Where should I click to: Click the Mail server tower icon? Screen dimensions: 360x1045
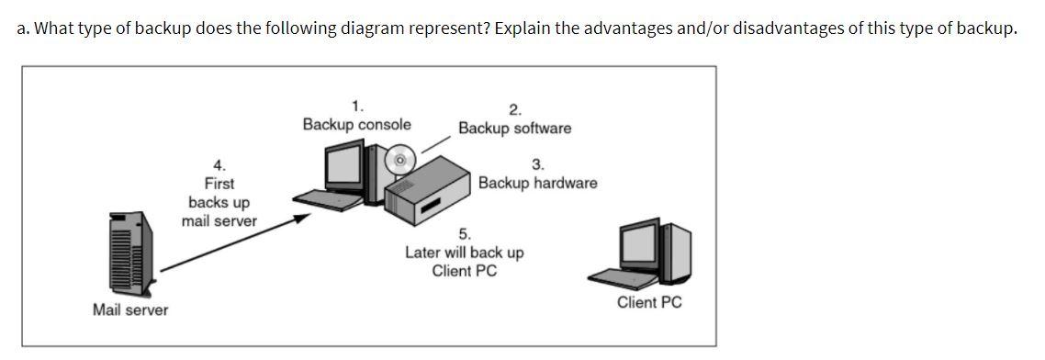[x=129, y=247]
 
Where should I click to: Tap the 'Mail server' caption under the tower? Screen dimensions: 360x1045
[x=130, y=310]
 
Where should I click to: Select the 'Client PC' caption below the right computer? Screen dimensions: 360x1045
[x=649, y=302]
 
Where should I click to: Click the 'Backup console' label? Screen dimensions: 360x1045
[x=357, y=124]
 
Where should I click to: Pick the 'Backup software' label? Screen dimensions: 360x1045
[x=514, y=129]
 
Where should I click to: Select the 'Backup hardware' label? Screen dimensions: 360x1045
[x=537, y=183]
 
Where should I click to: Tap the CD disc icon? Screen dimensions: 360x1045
[x=399, y=160]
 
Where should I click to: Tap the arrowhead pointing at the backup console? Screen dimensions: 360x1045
[x=299, y=219]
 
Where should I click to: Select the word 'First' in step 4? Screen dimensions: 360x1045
[x=219, y=183]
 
